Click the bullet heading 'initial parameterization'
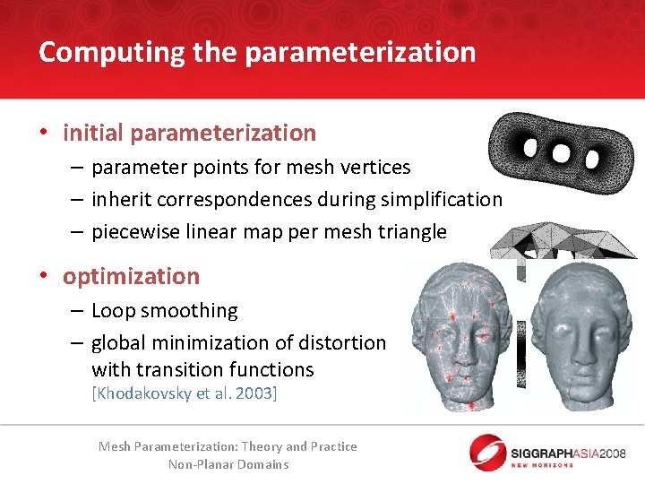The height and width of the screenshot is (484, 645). click(189, 134)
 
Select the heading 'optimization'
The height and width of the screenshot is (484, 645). click(131, 276)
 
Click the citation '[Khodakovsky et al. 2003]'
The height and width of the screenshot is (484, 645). click(184, 393)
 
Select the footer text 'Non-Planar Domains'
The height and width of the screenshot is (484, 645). click(228, 464)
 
